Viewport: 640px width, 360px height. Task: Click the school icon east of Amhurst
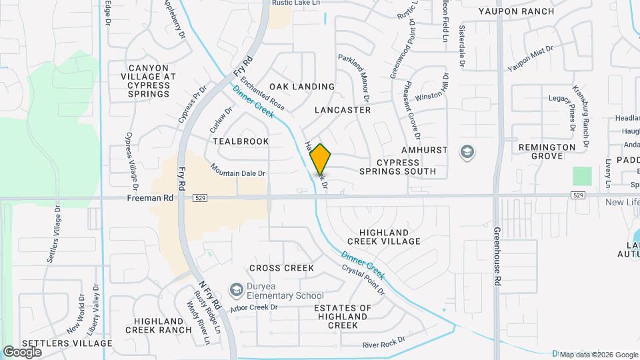click(467, 153)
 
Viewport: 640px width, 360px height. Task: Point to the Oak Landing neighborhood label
click(302, 87)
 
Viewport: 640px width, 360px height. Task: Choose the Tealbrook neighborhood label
click(241, 141)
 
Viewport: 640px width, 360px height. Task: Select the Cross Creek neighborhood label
click(281, 268)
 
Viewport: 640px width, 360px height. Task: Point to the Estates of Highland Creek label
click(343, 317)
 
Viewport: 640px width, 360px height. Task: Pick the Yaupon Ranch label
click(516, 11)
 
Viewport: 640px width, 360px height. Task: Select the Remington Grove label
click(547, 151)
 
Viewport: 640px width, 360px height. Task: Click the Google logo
click(22, 351)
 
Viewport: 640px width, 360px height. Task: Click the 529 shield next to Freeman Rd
click(200, 198)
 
